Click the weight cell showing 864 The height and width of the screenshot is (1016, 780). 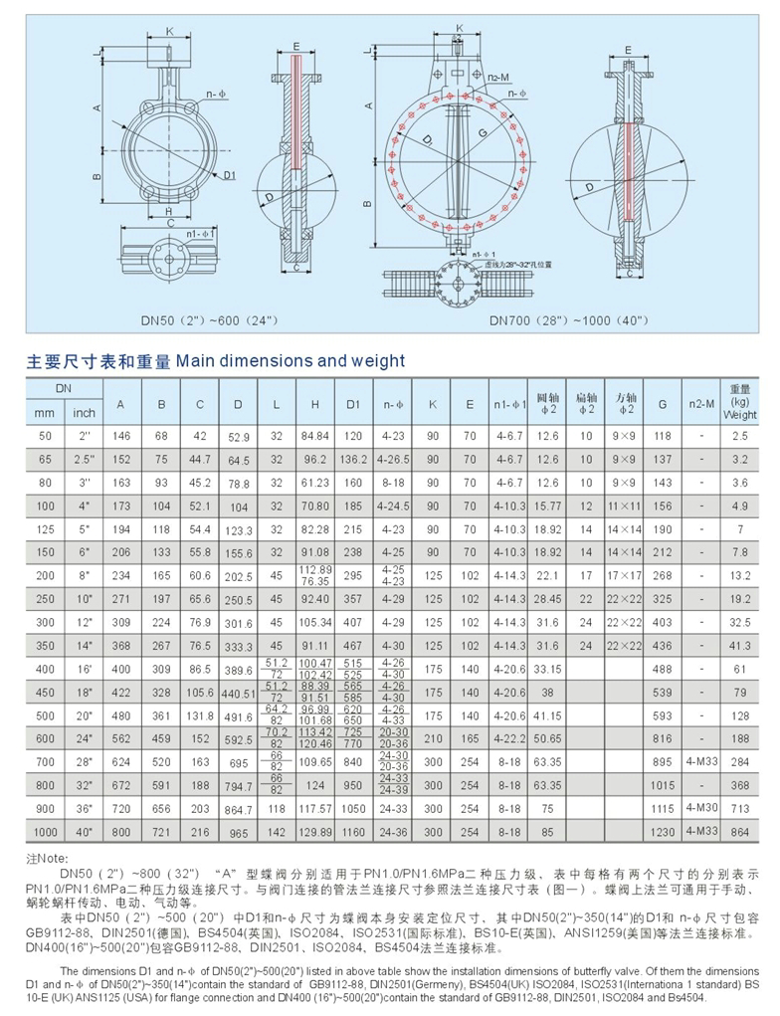(739, 829)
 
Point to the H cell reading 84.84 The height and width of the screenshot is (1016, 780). (315, 435)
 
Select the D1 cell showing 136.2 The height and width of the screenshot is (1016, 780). (353, 461)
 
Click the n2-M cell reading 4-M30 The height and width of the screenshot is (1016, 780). (697, 807)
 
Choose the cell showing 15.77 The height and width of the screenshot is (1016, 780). (547, 506)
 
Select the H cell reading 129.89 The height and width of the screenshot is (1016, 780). (315, 829)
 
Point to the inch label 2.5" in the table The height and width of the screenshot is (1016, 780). (85, 461)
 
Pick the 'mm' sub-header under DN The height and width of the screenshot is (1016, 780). (43, 413)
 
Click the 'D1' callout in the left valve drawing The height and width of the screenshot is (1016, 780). (229, 175)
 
